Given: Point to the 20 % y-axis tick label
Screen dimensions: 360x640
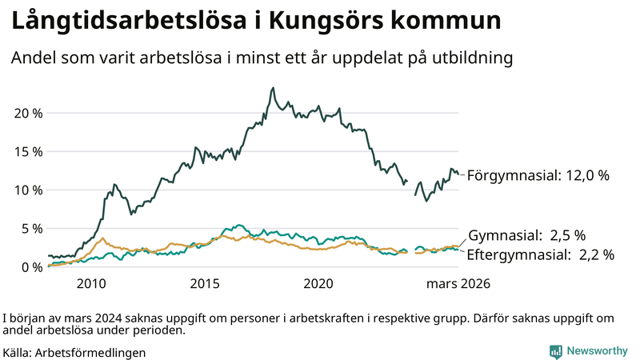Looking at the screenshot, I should click(29, 113).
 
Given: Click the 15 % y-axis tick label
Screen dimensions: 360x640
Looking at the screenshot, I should click(29, 151).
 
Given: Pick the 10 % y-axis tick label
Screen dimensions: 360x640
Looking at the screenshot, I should click(29, 190).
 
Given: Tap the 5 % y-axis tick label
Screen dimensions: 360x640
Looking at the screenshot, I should click(32, 228).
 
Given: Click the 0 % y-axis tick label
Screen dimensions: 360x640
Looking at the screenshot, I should click(32, 266).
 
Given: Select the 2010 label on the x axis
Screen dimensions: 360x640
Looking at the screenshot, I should click(91, 284).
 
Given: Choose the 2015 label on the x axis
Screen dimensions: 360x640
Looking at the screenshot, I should click(205, 284).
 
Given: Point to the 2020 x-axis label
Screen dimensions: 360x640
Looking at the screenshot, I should click(319, 284).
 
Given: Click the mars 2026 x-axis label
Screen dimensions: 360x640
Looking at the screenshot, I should click(458, 284).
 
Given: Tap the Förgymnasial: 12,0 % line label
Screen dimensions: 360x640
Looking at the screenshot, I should click(538, 174).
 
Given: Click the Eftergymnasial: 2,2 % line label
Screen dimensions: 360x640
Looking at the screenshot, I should click(541, 255).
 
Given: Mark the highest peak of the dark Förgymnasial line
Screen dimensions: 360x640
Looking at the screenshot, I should click(273, 88).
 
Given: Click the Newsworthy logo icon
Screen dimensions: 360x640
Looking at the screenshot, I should click(555, 351).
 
